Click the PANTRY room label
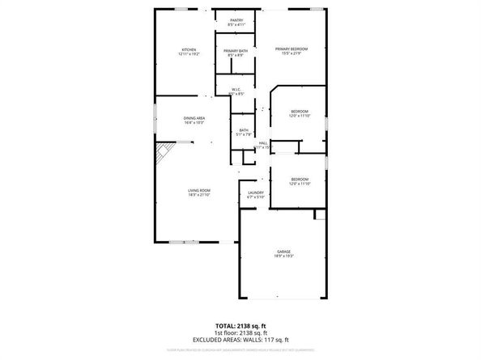pos(236,19)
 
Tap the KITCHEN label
pos(188,50)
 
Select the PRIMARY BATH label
pos(236,50)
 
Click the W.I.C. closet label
pos(236,90)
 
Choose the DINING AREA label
pos(194,118)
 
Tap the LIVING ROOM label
pos(199,190)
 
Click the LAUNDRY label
pos(256,193)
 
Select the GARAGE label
pos(283,252)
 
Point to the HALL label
pos(263,142)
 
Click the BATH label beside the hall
pos(244,130)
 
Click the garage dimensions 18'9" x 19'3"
pos(283,256)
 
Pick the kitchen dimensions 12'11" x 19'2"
pos(188,55)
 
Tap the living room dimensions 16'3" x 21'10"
pos(199,195)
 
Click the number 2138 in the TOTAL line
pos(245,326)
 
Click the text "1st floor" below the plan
pos(227,332)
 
